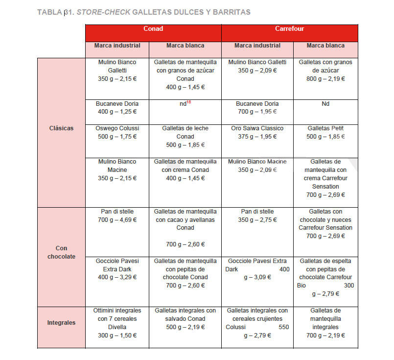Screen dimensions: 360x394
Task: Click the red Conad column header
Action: (153, 29)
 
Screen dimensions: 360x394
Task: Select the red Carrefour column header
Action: (289, 29)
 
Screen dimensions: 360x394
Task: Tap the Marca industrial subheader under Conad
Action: (117, 46)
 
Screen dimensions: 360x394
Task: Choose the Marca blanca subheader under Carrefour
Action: (325, 46)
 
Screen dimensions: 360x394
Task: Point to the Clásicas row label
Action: (62, 128)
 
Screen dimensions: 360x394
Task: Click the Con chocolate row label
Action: (62, 252)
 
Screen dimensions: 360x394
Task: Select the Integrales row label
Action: (62, 323)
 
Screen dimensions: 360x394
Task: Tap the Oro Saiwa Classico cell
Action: (257, 132)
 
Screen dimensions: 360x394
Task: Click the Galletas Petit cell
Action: (325, 132)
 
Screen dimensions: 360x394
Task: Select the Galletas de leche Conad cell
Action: (185, 136)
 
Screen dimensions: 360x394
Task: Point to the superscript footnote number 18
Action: (188, 102)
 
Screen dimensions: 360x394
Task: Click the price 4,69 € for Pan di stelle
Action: (126, 220)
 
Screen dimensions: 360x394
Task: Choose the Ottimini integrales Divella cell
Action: (117, 323)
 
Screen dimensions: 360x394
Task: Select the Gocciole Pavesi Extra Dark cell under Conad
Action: (117, 269)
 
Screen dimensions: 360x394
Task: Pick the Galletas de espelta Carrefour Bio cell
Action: (325, 277)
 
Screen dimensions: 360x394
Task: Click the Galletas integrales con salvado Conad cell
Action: (185, 319)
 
